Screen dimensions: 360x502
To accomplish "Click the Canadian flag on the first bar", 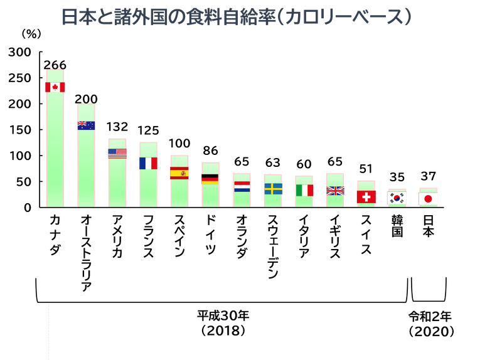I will pyautogui.click(x=55, y=87).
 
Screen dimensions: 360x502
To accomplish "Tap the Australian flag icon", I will pyautogui.click(x=86, y=125).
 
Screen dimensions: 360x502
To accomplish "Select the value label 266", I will pyautogui.click(x=55, y=65).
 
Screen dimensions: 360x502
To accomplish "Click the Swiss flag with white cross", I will pyautogui.click(x=366, y=197).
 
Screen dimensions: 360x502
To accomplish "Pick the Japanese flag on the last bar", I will pyautogui.click(x=428, y=199).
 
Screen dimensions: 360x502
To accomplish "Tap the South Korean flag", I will pyautogui.click(x=397, y=198).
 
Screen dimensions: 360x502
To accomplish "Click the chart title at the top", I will pyautogui.click(x=237, y=16).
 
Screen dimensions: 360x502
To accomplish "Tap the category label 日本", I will pyautogui.click(x=428, y=227).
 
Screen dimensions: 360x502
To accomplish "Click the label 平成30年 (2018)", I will pyautogui.click(x=222, y=322).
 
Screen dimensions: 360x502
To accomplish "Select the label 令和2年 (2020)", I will pyautogui.click(x=430, y=322).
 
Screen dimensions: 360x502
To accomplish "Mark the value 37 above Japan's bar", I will pyautogui.click(x=428, y=176).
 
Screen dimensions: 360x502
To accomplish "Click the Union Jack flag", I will pyautogui.click(x=335, y=191).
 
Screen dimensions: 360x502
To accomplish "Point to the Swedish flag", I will pyautogui.click(x=273, y=189).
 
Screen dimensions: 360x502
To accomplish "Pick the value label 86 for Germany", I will pyautogui.click(x=211, y=151).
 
